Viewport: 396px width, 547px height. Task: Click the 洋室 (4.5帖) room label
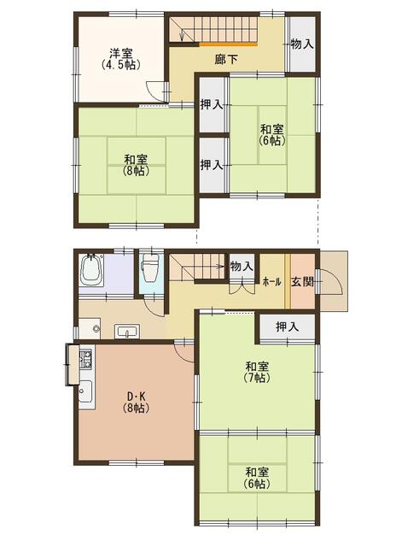121,59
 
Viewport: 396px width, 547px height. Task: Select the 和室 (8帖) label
136,165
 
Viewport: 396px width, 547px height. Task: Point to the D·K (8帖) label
136,403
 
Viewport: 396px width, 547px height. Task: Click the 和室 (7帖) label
258,373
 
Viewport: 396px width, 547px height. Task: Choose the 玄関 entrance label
302,281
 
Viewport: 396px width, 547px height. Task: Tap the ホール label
271,282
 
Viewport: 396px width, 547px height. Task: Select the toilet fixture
150,268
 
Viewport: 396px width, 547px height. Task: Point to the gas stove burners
85,359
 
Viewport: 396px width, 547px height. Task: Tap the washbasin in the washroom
127,331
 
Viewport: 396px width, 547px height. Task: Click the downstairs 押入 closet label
288,326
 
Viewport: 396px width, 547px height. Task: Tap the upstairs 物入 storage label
302,44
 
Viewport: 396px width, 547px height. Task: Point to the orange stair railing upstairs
228,44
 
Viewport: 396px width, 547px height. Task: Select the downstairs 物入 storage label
242,267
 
